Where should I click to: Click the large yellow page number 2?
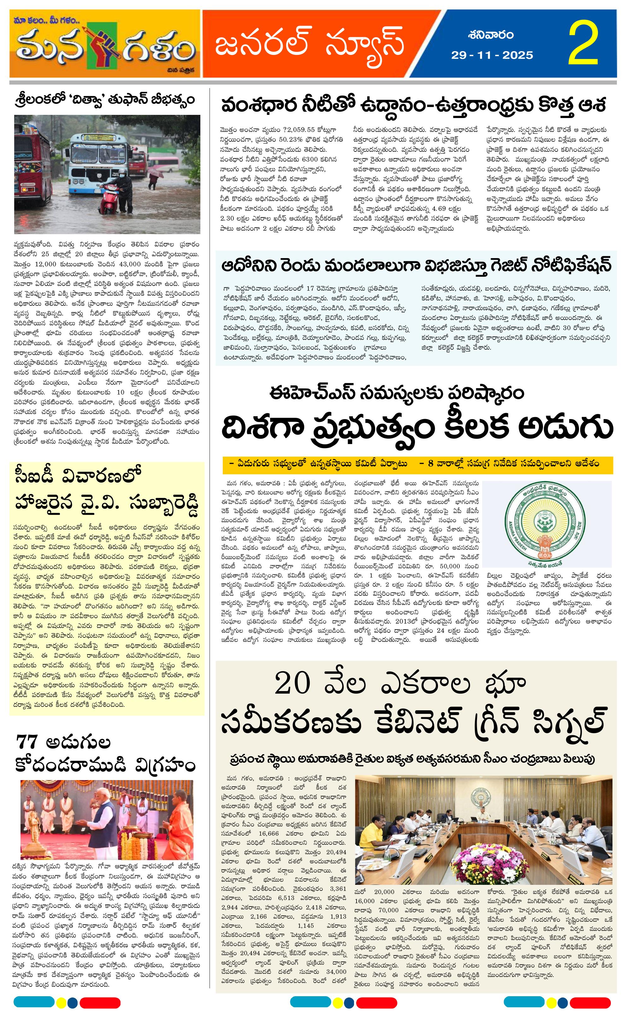pyautogui.click(x=583, y=44)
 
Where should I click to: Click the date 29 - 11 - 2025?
pyautogui.click(x=492, y=55)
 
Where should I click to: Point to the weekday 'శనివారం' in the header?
pyautogui.click(x=492, y=35)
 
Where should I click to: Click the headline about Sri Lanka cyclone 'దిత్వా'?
pyautogui.click(x=104, y=100)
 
